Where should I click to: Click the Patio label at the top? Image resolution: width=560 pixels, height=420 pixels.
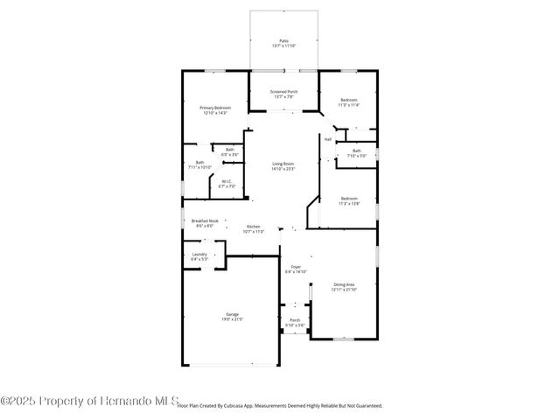[x=283, y=41]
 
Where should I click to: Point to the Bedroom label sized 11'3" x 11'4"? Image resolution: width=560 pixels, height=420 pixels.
[x=348, y=101]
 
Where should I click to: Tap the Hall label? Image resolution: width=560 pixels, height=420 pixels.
[x=328, y=139]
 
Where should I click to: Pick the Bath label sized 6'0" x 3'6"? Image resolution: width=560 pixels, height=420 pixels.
[x=229, y=150]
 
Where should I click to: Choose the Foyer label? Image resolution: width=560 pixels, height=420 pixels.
[x=294, y=268]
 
